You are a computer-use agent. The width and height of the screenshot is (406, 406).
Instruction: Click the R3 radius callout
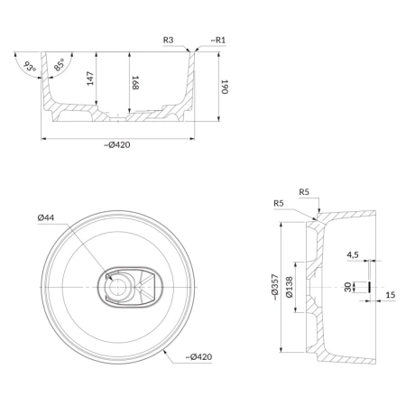point(168,40)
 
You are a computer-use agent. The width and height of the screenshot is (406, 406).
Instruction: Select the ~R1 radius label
point(218,40)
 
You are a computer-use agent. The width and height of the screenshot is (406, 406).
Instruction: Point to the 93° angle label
point(30,67)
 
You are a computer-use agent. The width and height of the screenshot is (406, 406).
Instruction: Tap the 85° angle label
point(60,65)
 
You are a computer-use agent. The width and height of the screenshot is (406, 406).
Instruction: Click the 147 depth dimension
point(90,78)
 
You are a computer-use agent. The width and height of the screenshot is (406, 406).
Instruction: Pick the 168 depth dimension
point(135,83)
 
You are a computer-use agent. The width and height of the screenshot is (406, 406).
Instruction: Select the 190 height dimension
point(225,87)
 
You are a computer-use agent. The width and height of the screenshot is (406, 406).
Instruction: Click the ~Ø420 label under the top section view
point(117,145)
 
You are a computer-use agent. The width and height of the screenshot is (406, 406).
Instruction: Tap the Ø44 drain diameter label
point(46,217)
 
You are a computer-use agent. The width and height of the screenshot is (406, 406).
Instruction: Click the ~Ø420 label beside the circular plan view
point(198,357)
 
